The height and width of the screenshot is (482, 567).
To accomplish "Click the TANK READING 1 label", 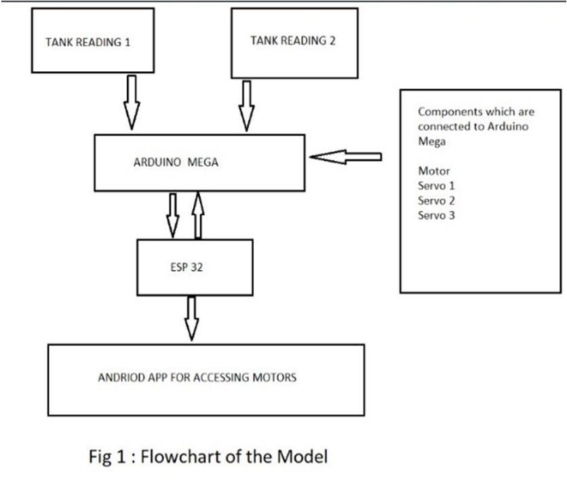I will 87,42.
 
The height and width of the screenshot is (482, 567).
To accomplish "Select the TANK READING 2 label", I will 293,40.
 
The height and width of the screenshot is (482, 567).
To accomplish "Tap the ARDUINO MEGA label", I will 176,163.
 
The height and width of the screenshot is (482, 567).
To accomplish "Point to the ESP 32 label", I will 186,267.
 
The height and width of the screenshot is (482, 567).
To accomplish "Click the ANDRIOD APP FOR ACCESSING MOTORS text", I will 197,378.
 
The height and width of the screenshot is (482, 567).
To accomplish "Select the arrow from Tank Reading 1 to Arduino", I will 132,102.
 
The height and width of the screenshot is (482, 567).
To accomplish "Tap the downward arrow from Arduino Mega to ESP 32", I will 172,215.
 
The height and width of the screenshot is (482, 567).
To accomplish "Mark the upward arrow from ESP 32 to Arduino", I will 198,214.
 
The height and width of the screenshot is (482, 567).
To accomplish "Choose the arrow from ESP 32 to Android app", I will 192,317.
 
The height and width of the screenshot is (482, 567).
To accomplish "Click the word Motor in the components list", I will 434,171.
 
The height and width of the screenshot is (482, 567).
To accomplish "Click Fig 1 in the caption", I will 106,456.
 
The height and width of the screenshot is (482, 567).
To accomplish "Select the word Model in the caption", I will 304,456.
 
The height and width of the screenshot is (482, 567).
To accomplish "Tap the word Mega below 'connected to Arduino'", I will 431,141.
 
